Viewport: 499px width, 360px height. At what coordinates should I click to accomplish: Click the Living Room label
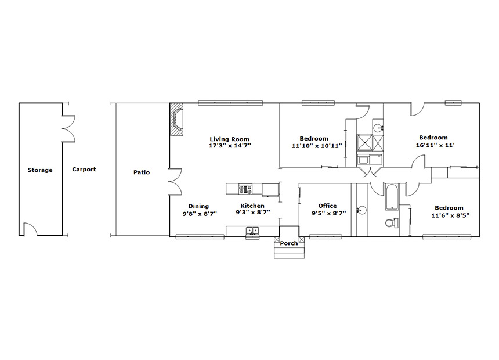click(229, 139)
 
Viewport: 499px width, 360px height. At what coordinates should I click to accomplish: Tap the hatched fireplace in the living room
click(176, 120)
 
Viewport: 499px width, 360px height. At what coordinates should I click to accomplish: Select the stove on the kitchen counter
click(245, 189)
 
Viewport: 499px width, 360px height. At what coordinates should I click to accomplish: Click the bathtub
click(392, 197)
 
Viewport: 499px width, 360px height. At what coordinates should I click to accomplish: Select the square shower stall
click(364, 142)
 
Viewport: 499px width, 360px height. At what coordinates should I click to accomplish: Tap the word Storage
click(40, 170)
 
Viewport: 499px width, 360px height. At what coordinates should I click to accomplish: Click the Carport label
click(84, 170)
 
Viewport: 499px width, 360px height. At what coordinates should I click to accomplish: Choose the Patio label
click(142, 172)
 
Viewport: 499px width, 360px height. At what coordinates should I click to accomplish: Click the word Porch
click(289, 243)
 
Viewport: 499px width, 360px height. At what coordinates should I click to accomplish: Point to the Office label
click(327, 206)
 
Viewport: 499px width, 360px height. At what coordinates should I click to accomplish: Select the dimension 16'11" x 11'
click(435, 145)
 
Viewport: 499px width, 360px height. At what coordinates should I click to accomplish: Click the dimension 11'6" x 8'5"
click(450, 215)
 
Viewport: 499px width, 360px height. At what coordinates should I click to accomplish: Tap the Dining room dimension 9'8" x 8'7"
click(200, 214)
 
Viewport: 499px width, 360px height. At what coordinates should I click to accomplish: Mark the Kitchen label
click(252, 206)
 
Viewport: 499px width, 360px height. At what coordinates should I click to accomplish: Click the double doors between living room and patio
click(175, 181)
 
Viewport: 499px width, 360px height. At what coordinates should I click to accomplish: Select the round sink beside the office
click(361, 210)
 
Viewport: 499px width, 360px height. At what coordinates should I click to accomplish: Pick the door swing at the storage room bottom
click(31, 229)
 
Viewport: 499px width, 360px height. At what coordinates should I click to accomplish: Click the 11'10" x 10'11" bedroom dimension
click(317, 146)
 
